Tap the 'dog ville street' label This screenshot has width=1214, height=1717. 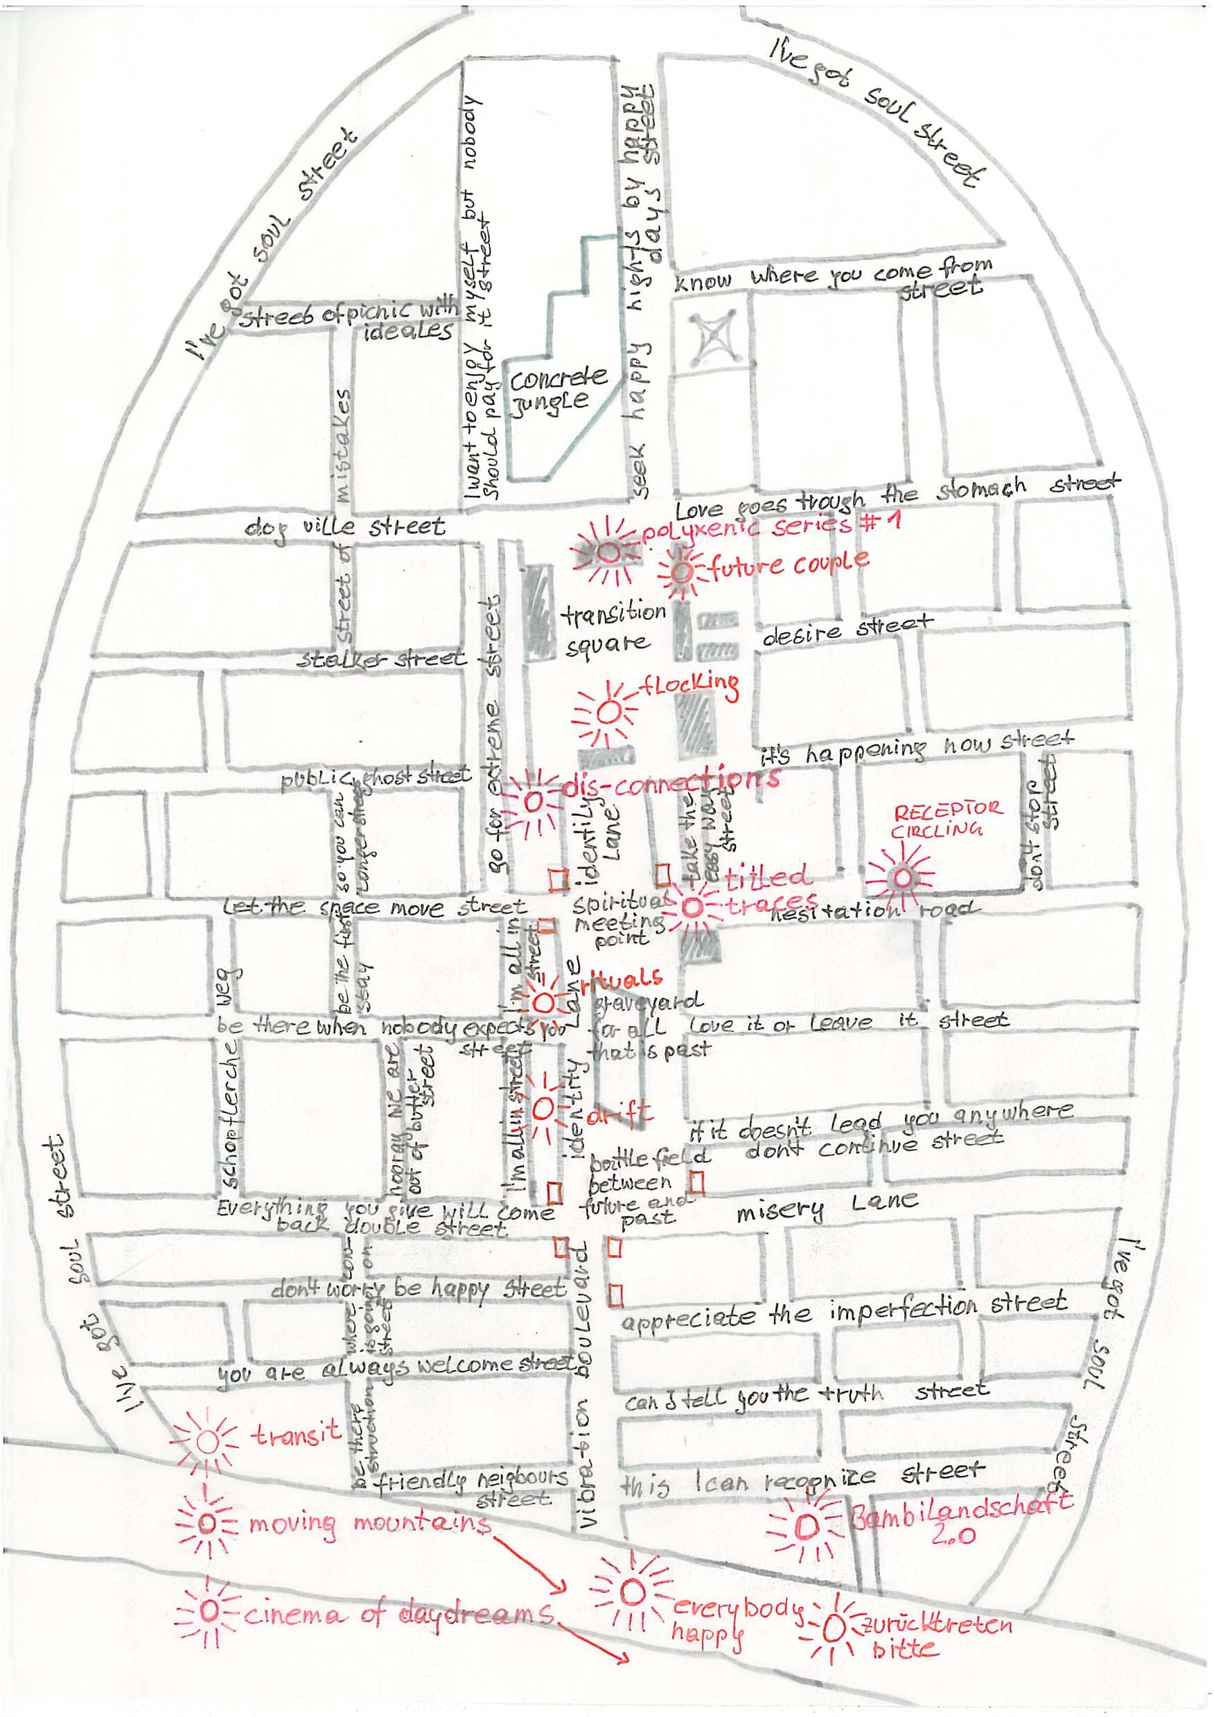click(x=345, y=527)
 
